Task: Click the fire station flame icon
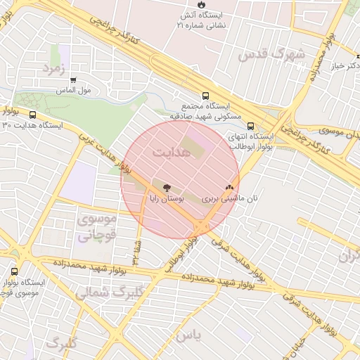pos(182,4)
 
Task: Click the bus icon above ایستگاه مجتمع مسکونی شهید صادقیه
pos(205,95)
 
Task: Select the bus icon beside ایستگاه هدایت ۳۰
pos(32,114)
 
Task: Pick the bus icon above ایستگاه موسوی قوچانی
pos(15,271)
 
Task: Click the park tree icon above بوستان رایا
pos(167,188)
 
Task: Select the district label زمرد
pos(53,69)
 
